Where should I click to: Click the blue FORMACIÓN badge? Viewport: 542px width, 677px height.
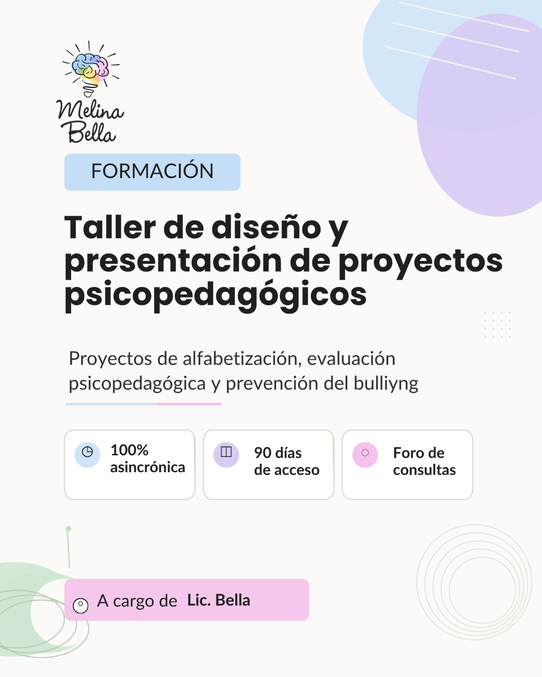click(x=152, y=172)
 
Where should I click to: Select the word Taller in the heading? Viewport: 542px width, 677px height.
click(x=110, y=227)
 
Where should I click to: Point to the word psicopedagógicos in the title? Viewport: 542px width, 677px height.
click(x=216, y=295)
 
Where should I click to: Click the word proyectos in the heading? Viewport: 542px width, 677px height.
click(x=420, y=262)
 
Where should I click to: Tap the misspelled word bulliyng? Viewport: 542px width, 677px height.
click(x=386, y=383)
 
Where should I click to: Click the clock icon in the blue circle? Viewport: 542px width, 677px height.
click(x=87, y=452)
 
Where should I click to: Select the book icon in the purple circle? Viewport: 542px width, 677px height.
click(x=226, y=452)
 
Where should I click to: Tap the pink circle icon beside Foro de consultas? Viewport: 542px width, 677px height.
click(x=365, y=455)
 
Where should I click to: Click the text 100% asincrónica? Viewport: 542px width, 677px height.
click(x=147, y=458)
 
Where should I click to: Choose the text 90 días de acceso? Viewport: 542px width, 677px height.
click(x=287, y=461)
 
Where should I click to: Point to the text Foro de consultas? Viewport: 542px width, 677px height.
click(x=424, y=461)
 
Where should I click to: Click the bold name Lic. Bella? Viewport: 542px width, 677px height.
click(x=218, y=600)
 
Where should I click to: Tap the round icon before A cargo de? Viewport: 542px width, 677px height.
click(x=80, y=605)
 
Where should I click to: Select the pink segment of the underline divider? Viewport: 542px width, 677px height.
click(x=189, y=404)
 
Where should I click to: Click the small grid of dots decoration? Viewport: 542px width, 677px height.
click(x=498, y=325)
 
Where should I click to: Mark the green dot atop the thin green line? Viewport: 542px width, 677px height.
click(x=68, y=529)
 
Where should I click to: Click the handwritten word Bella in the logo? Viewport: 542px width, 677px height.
click(x=88, y=132)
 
